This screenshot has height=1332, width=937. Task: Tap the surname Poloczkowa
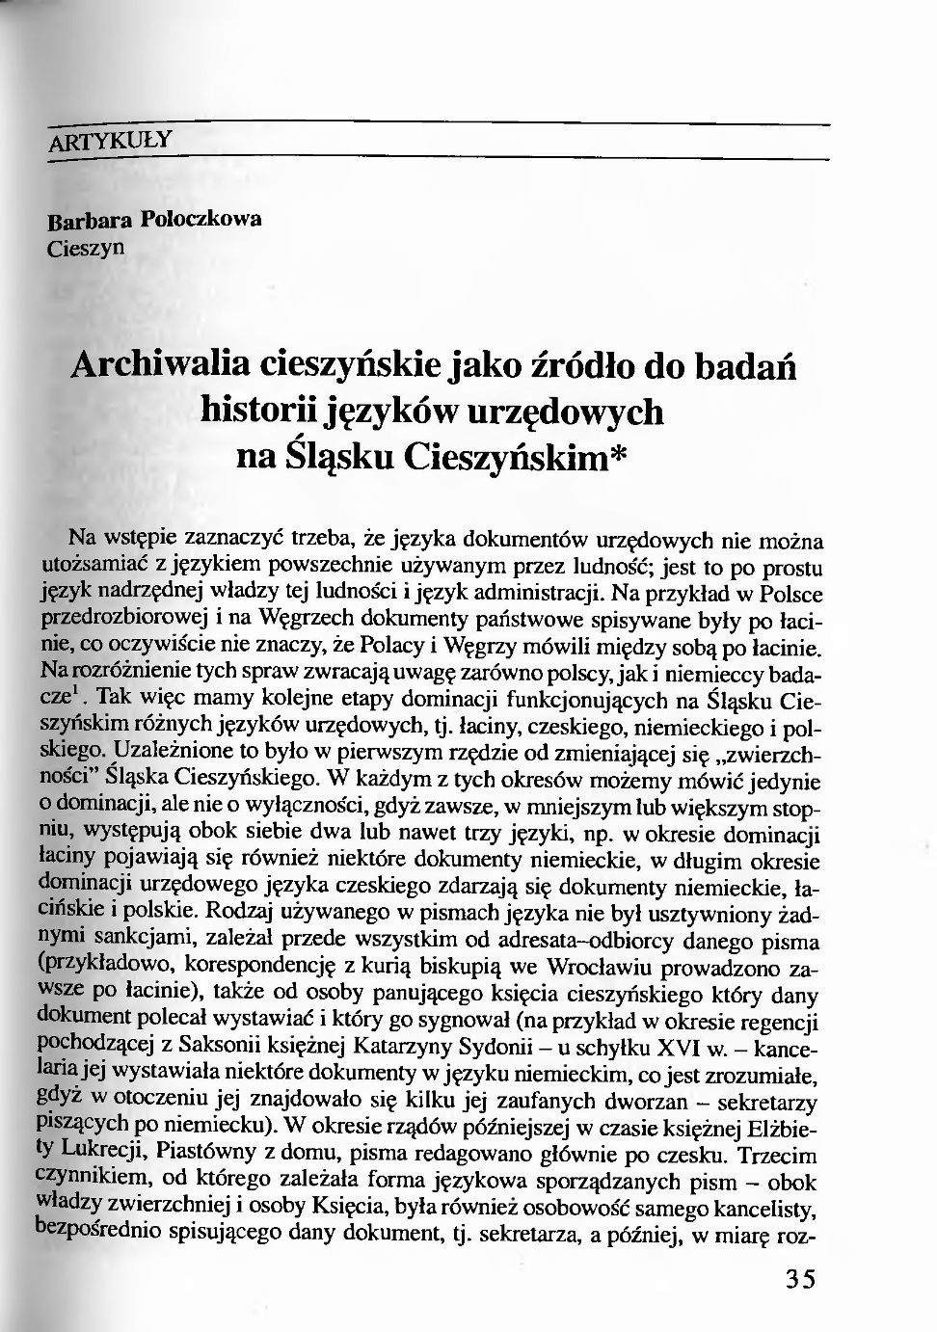(x=201, y=218)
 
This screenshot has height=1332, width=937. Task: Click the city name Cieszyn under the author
(x=86, y=248)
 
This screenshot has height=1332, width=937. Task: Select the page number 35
(x=799, y=1279)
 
